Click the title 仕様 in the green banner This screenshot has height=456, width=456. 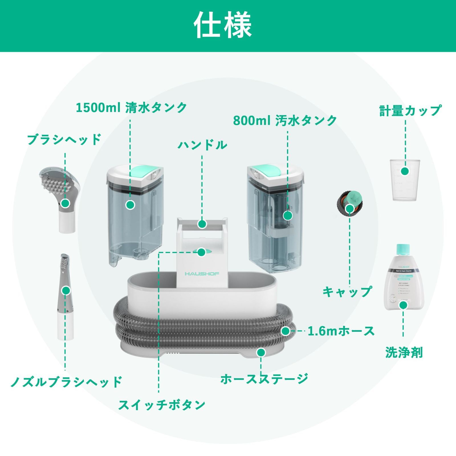(x=223, y=25)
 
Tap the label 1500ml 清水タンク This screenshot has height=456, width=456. (x=131, y=108)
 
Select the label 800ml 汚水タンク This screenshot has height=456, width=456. (x=285, y=121)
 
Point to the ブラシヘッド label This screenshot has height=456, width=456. (x=64, y=140)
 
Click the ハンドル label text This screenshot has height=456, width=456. (x=202, y=145)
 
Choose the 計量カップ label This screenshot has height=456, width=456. (x=410, y=111)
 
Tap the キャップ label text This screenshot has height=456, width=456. (x=347, y=291)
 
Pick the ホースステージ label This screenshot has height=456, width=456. (x=264, y=379)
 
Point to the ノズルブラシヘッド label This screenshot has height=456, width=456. (x=66, y=382)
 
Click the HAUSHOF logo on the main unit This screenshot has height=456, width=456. (x=202, y=274)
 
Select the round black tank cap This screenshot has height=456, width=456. (x=350, y=203)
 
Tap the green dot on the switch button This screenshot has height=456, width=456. (x=201, y=252)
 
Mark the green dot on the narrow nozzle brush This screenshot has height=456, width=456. (x=66, y=291)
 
